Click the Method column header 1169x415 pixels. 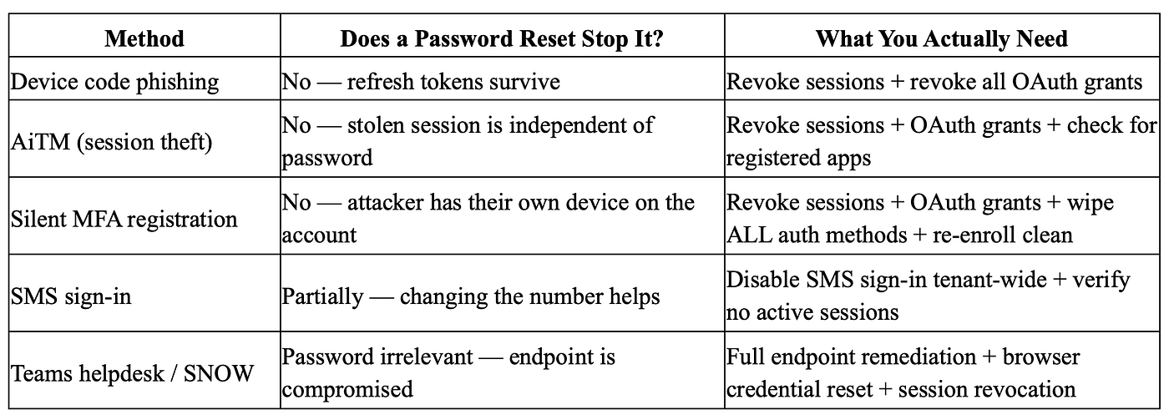coord(144,38)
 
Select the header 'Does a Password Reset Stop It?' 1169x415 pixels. coord(502,38)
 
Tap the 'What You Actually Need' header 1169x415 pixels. coord(942,39)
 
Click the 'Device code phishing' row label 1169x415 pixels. coord(115,82)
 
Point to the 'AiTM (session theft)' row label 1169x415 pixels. coord(112,142)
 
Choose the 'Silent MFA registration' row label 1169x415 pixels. coord(124,220)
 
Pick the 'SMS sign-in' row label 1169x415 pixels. coord(71,296)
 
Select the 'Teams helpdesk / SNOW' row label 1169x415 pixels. coord(132,374)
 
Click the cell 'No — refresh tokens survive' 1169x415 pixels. coord(421,82)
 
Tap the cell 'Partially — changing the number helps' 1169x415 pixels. coord(471,296)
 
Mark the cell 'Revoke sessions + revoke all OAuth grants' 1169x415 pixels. coord(934,82)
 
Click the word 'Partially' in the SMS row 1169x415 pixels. coord(322,296)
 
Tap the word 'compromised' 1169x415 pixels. coord(347,389)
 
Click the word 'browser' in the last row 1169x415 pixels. coord(1041,357)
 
